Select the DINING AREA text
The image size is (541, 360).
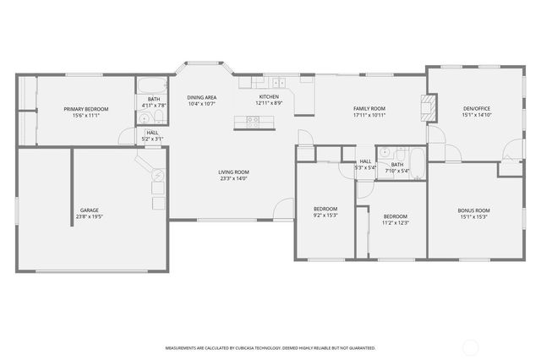point(201,97)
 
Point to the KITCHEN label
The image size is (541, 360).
point(269,97)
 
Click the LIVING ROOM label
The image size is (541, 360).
point(234,172)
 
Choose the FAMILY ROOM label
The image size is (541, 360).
point(369,109)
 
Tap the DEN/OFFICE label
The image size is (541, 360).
point(477,109)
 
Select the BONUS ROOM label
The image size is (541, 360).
point(473,210)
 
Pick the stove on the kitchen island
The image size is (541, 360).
point(253,121)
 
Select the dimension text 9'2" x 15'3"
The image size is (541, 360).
point(325,215)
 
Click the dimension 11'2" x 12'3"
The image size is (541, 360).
point(395,223)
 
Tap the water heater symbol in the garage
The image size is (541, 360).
point(158,176)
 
